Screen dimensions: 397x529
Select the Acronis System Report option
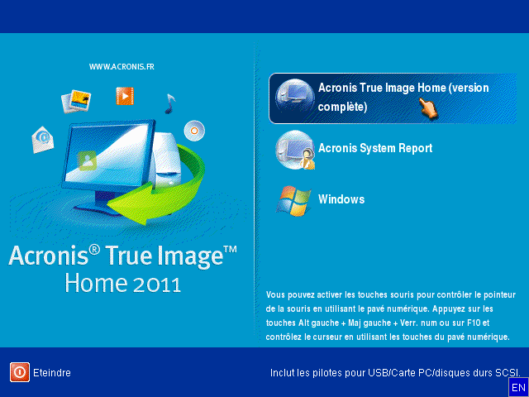pos(375,149)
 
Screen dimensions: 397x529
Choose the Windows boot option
pos(341,199)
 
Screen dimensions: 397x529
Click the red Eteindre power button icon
pos(20,372)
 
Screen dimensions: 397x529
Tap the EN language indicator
pos(518,387)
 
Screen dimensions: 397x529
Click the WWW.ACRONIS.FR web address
pos(122,66)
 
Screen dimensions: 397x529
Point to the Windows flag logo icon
pos(293,201)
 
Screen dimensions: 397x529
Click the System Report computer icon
pos(293,150)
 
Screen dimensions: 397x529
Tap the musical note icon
pos(169,103)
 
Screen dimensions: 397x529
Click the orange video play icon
pos(125,97)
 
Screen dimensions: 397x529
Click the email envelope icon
pos(42,139)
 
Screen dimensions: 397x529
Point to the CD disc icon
pos(195,129)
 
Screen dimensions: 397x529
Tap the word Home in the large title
pos(94,283)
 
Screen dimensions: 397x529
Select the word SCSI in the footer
pos(507,373)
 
